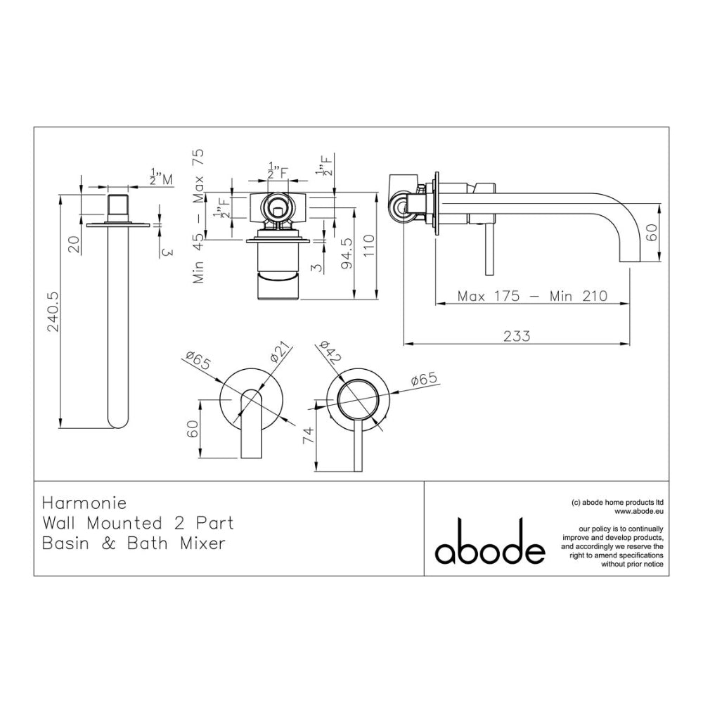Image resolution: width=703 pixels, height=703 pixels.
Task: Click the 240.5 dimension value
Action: coord(54,312)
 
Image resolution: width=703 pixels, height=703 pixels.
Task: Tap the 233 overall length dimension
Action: coord(517,336)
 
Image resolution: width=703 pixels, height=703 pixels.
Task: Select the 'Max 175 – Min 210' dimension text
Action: coord(532,296)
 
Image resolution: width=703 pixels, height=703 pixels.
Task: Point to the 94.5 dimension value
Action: coord(347,253)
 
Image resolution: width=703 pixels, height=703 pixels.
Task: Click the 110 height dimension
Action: coord(368,245)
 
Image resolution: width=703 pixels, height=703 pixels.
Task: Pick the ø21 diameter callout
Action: coord(281,353)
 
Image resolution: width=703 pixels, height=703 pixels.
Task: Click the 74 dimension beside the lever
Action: coord(309,436)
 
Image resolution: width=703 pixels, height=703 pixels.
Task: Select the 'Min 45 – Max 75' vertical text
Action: coord(198,216)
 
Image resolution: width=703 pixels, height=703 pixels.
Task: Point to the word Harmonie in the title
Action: coord(84,503)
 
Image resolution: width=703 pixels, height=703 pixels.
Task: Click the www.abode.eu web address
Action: coord(639,510)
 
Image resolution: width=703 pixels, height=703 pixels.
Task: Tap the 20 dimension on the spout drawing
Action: coord(75,245)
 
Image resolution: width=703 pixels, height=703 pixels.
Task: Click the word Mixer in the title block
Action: coord(202,543)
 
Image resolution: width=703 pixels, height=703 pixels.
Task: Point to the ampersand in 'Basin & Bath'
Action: coord(109,543)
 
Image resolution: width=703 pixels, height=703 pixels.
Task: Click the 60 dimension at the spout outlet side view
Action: coord(652,232)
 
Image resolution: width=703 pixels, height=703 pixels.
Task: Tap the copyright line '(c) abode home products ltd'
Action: coord(618,502)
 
